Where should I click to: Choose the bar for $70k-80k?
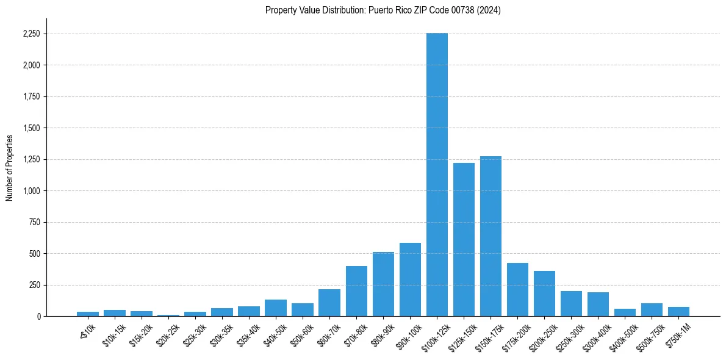click(356, 291)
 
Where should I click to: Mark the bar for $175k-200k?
click(517, 289)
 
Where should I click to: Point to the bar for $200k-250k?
click(544, 293)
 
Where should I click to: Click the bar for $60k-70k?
click(329, 303)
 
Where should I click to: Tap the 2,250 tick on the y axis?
click(30, 34)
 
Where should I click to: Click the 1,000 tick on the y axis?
click(30, 191)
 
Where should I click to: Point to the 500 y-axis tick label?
click(34, 254)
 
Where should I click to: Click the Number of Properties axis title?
click(10, 167)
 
